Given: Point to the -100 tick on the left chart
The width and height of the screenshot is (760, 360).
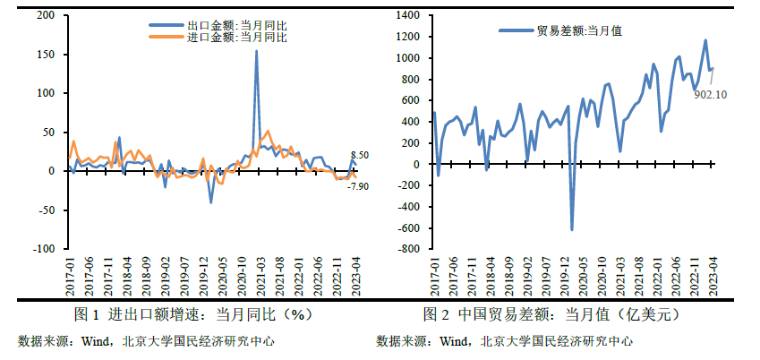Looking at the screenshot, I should [x=44, y=248].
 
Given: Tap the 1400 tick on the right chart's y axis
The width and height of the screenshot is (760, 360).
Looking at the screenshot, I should [x=406, y=16].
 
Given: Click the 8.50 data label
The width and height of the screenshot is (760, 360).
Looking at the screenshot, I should [x=359, y=156].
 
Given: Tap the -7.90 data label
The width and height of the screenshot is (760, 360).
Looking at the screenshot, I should [x=358, y=185].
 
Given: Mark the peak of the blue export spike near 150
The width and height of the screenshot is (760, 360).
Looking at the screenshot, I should [x=257, y=52].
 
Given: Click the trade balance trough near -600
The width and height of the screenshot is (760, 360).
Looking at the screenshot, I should [x=572, y=230].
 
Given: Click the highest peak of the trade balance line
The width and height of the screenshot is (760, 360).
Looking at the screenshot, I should [x=705, y=40].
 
